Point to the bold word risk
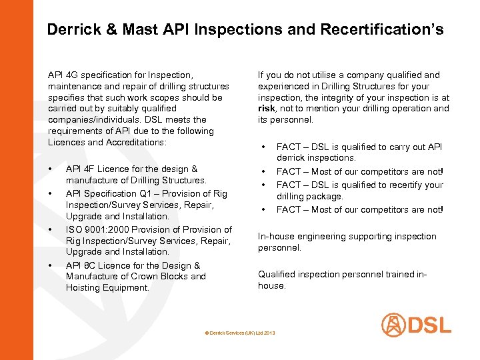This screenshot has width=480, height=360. coord(267,109)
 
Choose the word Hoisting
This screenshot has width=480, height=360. coord(84,288)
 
